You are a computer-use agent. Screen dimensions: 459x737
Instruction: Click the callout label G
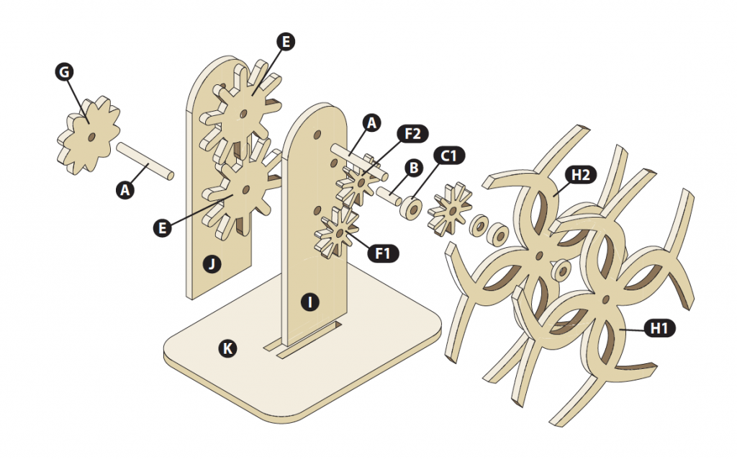tap(64, 71)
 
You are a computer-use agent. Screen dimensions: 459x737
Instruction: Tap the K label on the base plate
tap(227, 349)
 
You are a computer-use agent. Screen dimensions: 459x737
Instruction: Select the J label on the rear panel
tap(212, 264)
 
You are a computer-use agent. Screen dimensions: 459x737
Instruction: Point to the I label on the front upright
tap(310, 302)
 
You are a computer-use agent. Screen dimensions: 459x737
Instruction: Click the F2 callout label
tap(413, 133)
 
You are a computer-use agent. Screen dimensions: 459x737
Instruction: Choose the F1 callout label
tap(382, 253)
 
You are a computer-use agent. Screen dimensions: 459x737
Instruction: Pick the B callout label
tap(414, 168)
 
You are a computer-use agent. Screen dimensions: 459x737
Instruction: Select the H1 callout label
tap(659, 329)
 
